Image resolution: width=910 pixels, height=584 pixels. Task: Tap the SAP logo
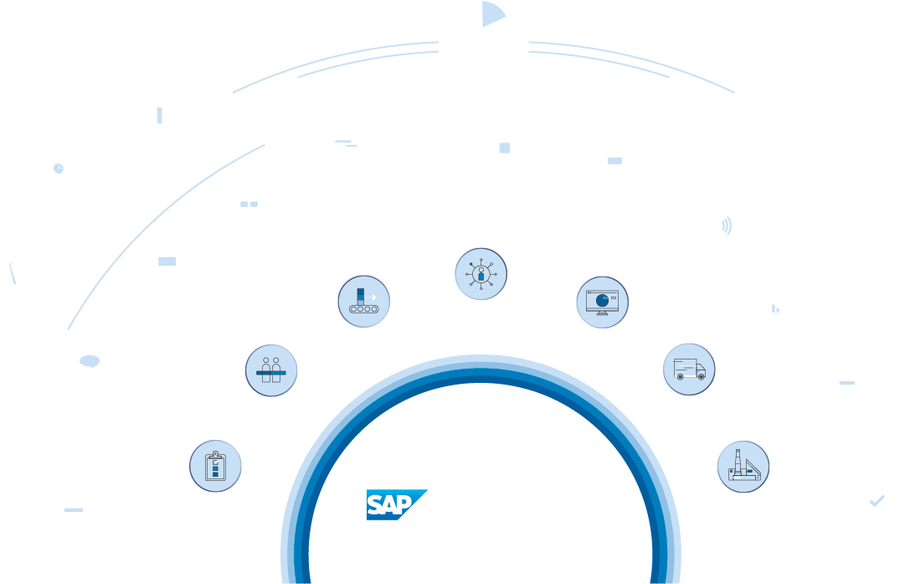tap(396, 504)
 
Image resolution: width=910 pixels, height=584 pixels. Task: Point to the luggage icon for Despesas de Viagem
tap(152, 111)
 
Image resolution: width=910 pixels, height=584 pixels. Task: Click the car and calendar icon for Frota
tap(260, 210)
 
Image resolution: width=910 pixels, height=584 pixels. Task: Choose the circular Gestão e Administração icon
tap(481, 275)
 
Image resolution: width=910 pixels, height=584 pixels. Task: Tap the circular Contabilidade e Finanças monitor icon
tap(602, 302)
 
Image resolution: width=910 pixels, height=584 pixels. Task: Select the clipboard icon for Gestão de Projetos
tap(216, 466)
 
